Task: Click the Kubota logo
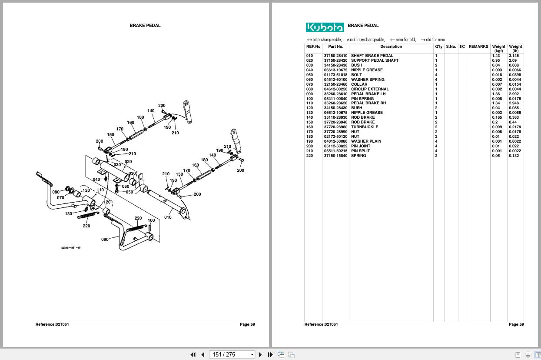pos(325,27)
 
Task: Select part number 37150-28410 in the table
pos(335,56)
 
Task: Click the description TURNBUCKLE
pos(364,127)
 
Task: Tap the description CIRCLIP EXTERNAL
pos(369,89)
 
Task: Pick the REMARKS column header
pos(478,47)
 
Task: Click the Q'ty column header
pos(438,47)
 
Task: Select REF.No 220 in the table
pos(309,156)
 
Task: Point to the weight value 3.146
pos(514,56)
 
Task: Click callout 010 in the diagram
pos(168,217)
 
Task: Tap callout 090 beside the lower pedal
pos(105,240)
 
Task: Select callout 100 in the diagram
pos(151,220)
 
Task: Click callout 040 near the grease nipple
pos(96,179)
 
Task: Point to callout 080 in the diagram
pos(56,192)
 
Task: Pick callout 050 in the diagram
pos(129,192)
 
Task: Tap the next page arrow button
pos(260,354)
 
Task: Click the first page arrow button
pos(193,354)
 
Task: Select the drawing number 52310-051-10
pos(70,248)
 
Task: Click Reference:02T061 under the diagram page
pos(52,324)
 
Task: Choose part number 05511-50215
pos(335,151)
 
